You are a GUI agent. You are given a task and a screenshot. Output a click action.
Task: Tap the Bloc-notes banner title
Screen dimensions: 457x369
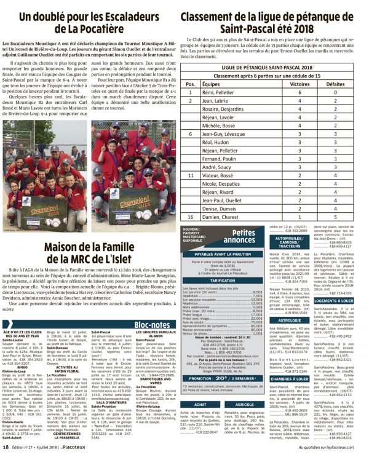pos(151,324)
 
